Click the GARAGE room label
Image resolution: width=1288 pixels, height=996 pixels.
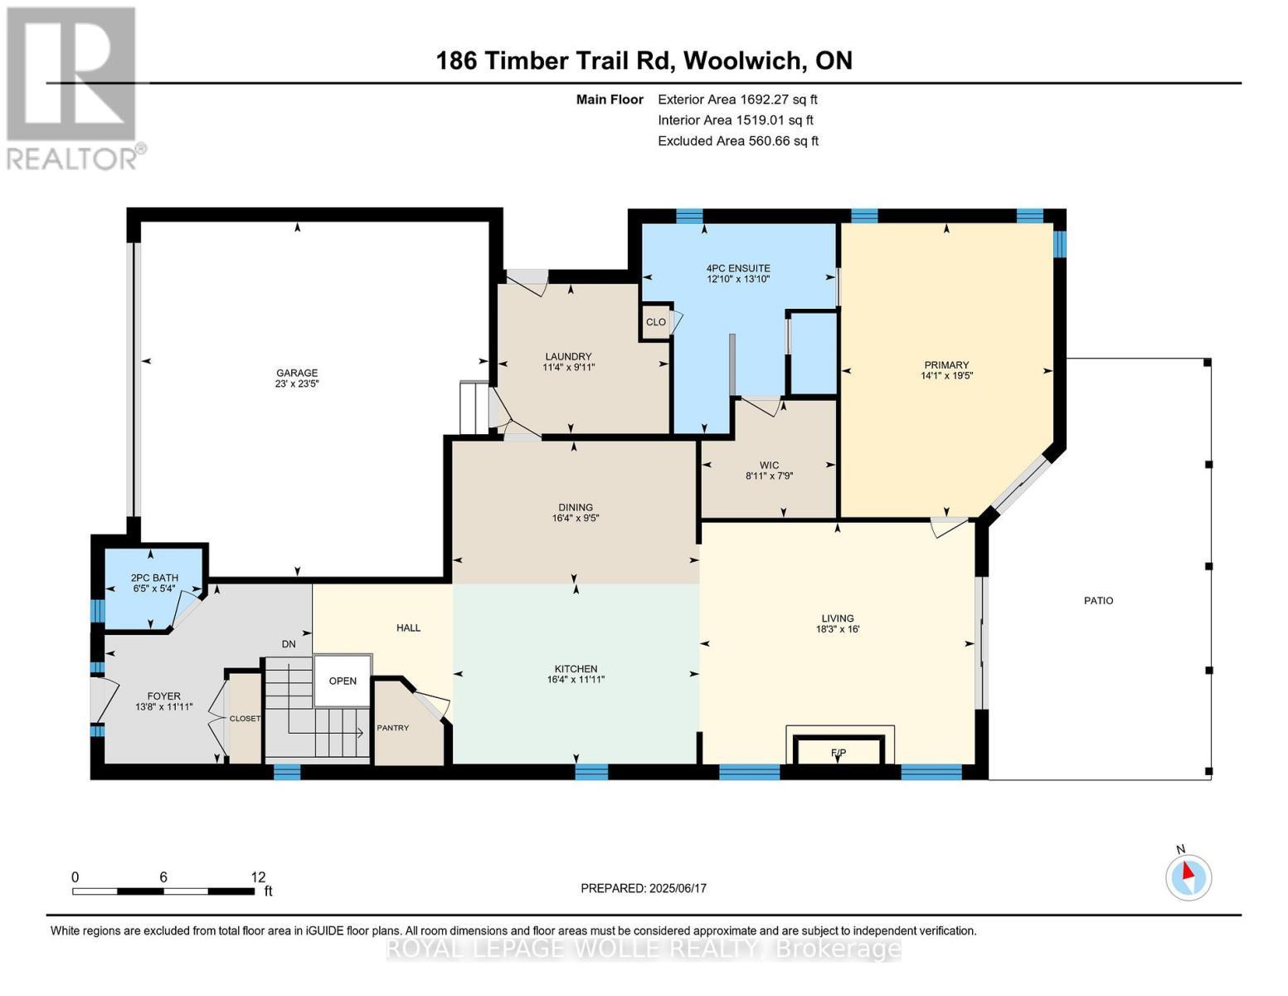pyautogui.click(x=297, y=373)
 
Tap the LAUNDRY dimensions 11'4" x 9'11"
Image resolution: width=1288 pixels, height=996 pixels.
pyautogui.click(x=568, y=367)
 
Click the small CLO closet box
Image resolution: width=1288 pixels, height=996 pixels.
pyautogui.click(x=656, y=322)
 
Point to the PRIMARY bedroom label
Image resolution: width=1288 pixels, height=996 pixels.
pyautogui.click(x=946, y=365)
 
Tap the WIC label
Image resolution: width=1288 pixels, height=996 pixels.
pyautogui.click(x=769, y=466)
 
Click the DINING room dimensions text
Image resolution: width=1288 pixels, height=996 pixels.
pyautogui.click(x=576, y=518)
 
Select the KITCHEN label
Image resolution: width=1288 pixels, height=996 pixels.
pyautogui.click(x=576, y=669)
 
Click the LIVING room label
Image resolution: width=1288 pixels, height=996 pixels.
pyautogui.click(x=838, y=618)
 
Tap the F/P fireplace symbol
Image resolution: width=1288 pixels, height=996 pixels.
pyautogui.click(x=838, y=752)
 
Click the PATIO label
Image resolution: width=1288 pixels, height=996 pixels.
pyautogui.click(x=1099, y=600)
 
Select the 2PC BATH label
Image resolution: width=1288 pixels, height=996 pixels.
pyautogui.click(x=154, y=578)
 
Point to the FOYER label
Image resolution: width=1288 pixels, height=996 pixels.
pyautogui.click(x=164, y=696)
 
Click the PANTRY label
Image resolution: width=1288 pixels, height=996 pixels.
pyautogui.click(x=393, y=728)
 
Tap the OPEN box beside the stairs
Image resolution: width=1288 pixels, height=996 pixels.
pyautogui.click(x=343, y=681)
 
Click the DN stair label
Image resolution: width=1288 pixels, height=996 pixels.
pyautogui.click(x=289, y=644)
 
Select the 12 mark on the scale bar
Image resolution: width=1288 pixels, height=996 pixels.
pyautogui.click(x=258, y=876)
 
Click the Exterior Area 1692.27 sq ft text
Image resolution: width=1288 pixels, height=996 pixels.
pyautogui.click(x=737, y=99)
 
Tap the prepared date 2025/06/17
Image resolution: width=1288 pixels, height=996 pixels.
pyautogui.click(x=678, y=888)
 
